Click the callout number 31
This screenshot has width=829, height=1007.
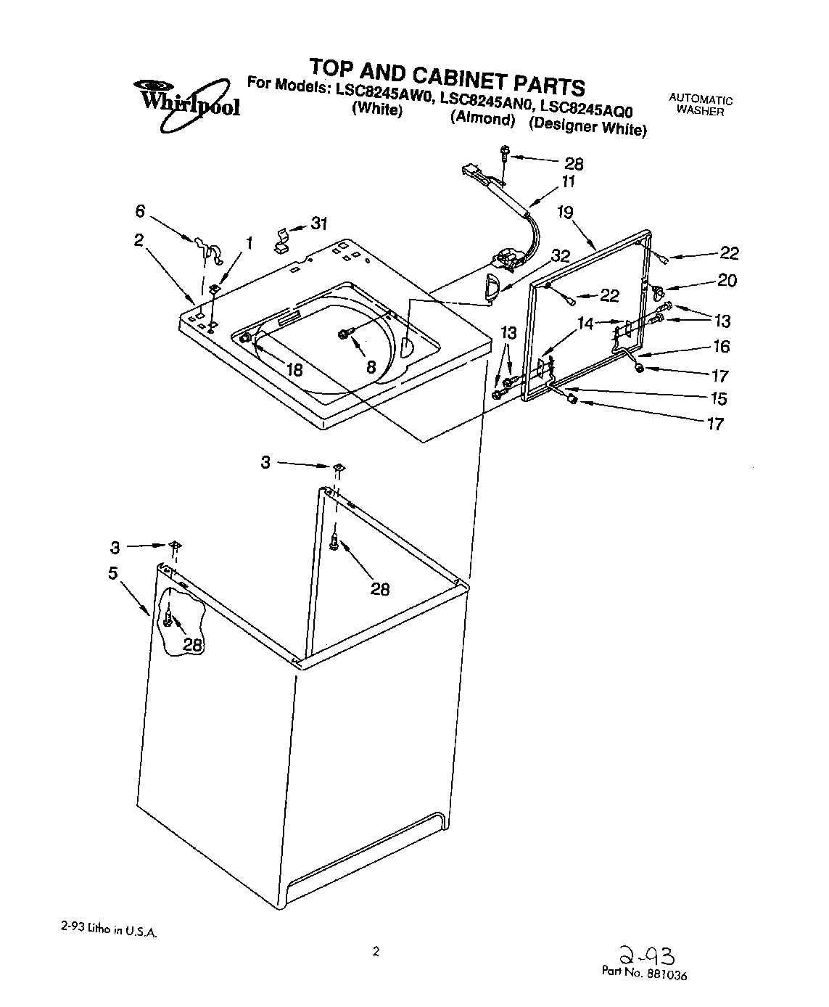[320, 224]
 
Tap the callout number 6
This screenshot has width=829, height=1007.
[140, 211]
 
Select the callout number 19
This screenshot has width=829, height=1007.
[565, 212]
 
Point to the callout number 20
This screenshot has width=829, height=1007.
[726, 281]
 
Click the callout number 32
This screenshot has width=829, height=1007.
[561, 256]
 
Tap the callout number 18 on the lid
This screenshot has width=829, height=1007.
[294, 369]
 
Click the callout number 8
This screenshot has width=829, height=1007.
[371, 367]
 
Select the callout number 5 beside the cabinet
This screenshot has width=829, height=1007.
[113, 573]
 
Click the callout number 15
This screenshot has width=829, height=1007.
[719, 398]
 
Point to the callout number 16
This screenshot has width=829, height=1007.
[721, 347]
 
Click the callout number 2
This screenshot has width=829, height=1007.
[139, 240]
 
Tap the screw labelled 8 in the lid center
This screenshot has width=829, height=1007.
[344, 334]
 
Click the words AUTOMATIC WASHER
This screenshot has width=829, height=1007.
[700, 105]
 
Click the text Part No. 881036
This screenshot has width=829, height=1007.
[643, 974]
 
